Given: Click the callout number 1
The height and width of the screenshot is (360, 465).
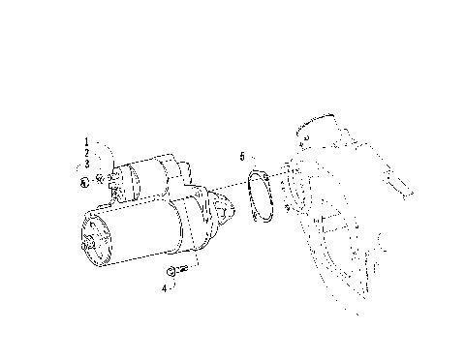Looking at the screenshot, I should tap(86, 143).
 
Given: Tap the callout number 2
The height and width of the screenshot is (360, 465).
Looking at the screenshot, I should tap(86, 154).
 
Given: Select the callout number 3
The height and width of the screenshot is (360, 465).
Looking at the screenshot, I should tap(86, 165).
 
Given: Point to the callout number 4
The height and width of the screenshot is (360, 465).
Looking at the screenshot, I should tap(165, 287).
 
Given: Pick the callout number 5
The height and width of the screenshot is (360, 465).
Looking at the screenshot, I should tap(243, 156).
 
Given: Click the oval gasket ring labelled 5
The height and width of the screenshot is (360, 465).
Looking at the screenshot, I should tap(257, 197).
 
